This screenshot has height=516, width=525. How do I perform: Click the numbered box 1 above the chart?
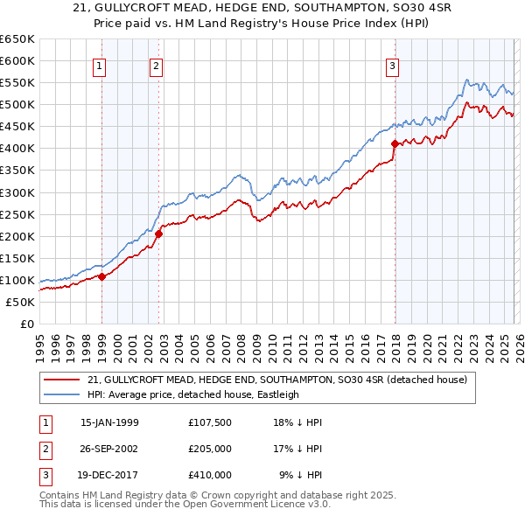pos(99,66)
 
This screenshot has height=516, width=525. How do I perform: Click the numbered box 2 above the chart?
pos(156,66)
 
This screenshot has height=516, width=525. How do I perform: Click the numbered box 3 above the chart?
pos(393,66)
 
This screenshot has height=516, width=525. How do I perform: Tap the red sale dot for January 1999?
pos(101,276)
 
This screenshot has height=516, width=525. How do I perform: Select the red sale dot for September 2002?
pos(159,234)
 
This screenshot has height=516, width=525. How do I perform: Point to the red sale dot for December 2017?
pos(395,143)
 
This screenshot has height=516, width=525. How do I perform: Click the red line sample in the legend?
pos(61,380)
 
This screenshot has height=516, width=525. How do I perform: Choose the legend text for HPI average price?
pos(193,394)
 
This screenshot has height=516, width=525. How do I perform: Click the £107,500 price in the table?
pos(209,422)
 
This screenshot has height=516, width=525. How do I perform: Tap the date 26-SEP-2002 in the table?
pos(110,449)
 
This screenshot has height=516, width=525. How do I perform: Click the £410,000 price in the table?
pos(209,475)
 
